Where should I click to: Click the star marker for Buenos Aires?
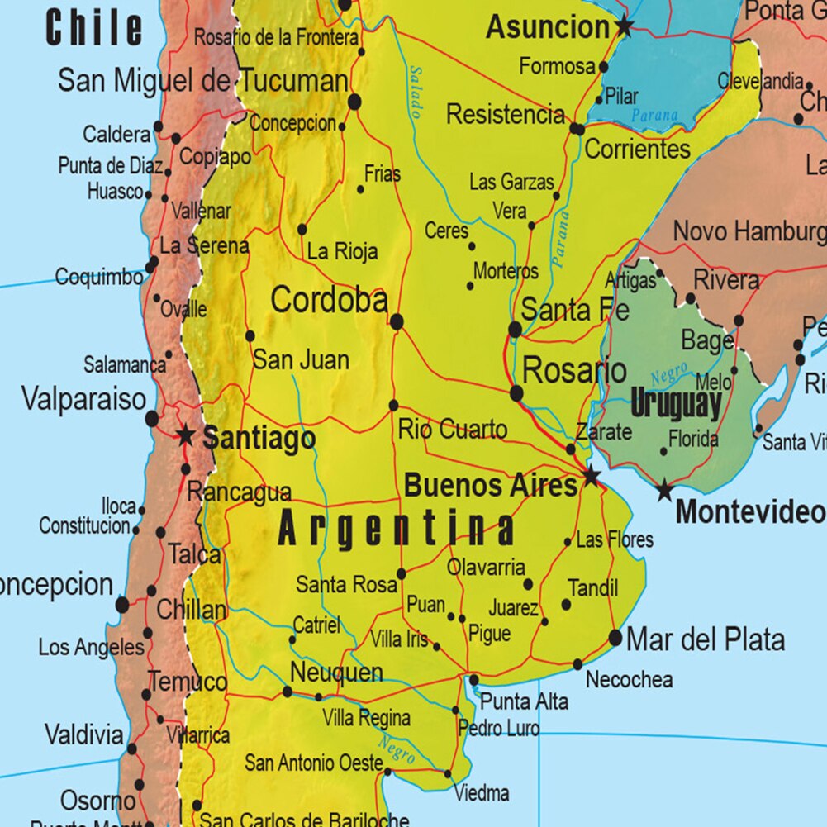point(591,476)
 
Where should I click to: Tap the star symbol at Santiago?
point(186,435)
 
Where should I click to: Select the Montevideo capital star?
point(664,491)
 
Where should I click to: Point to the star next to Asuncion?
point(624,27)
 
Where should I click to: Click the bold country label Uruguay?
point(676,405)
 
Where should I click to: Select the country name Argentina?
point(397,529)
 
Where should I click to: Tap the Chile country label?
point(94,28)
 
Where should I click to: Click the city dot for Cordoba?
point(397,321)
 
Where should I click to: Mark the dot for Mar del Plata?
point(615,638)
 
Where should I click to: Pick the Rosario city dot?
point(517,393)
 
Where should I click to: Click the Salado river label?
point(416,92)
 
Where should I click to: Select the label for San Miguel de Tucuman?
point(203,81)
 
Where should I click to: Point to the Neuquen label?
point(336,673)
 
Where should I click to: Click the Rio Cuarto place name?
point(453,430)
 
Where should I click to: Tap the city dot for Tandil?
point(566,605)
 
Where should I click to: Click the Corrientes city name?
point(637,150)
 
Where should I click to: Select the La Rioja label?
point(342,251)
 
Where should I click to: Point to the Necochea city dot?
point(577,664)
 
